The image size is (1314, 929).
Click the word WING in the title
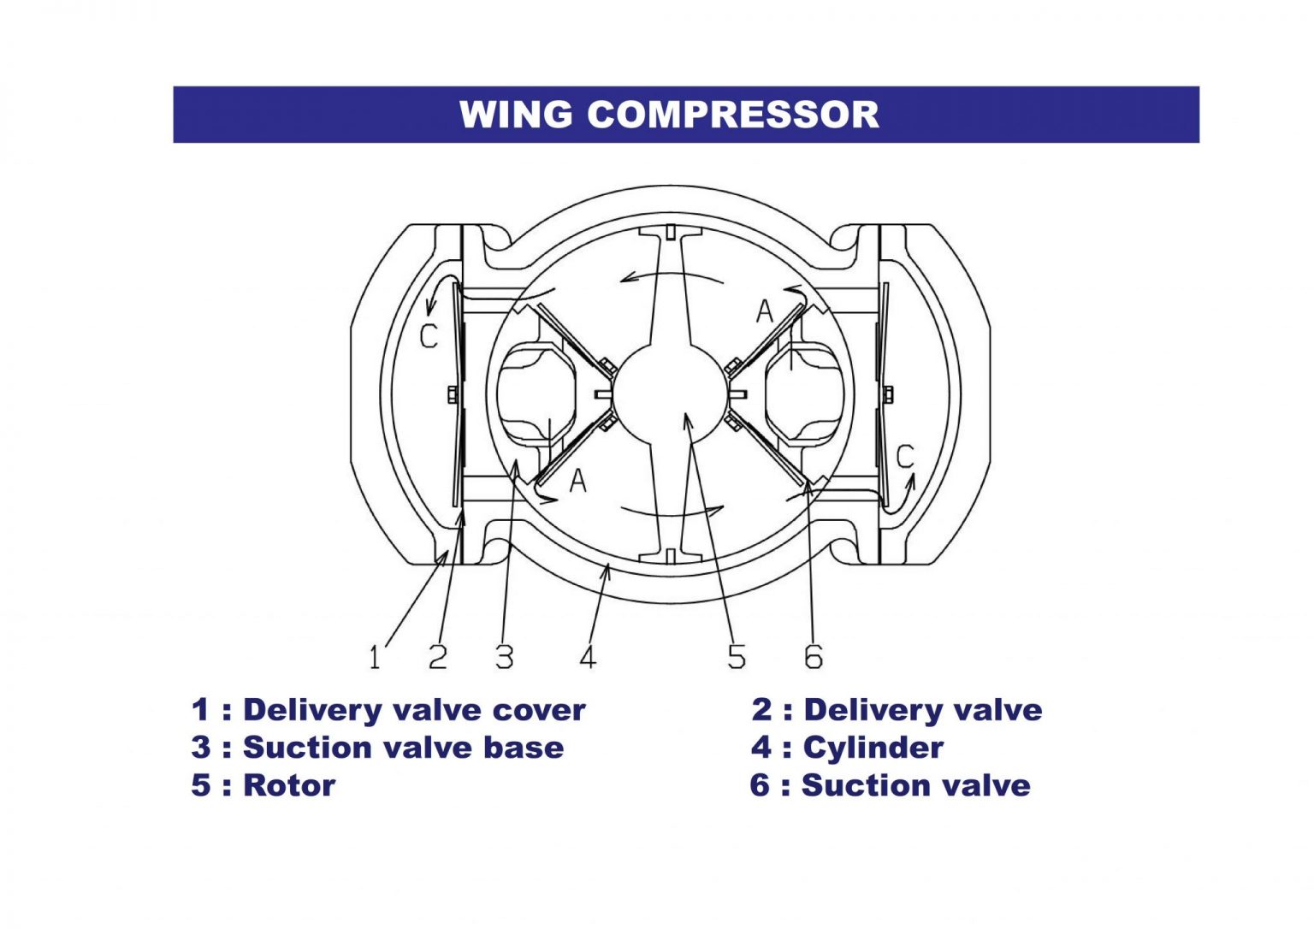pos(516,115)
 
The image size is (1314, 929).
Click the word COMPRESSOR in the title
pos(733,115)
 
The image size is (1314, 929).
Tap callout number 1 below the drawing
pos(375,657)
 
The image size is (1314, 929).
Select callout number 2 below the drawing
pos(438,657)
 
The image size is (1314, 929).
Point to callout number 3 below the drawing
pos(505,657)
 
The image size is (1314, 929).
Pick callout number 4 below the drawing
pos(588,657)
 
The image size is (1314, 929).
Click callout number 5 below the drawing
pos(737,657)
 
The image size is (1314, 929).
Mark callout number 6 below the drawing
pos(814,657)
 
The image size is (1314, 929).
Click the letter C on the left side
pos(429,336)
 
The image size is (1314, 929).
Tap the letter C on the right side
pos(905,457)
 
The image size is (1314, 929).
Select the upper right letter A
pos(764,311)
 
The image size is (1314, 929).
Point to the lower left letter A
pos(578,481)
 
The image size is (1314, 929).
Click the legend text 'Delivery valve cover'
pos(414,710)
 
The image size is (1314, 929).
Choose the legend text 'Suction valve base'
pos(403,748)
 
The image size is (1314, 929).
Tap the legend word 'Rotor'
pos(289,785)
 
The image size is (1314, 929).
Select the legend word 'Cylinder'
pos(873,748)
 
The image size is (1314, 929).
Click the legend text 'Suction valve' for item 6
pos(915,785)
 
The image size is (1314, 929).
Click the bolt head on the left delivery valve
pos(452,394)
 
